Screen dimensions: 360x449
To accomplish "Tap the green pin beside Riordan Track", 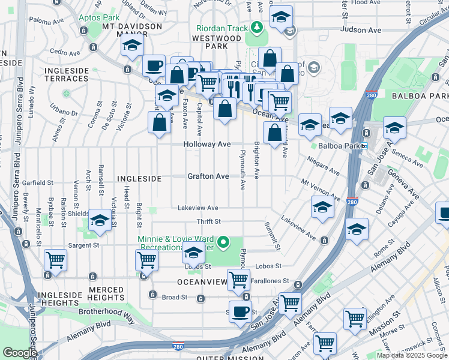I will pyautogui.click(x=257, y=27).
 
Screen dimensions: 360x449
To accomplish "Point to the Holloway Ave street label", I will pyautogui.click(x=207, y=145).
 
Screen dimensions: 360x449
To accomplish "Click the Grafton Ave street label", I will pyautogui.click(x=208, y=176).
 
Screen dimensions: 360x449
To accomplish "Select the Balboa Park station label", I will pyautogui.click(x=334, y=146).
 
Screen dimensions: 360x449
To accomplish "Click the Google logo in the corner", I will pyautogui.click(x=20, y=353).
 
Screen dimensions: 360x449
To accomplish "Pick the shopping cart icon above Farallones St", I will pyautogui.click(x=239, y=279).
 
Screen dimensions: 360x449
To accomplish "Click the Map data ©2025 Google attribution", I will pyautogui.click(x=412, y=355).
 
